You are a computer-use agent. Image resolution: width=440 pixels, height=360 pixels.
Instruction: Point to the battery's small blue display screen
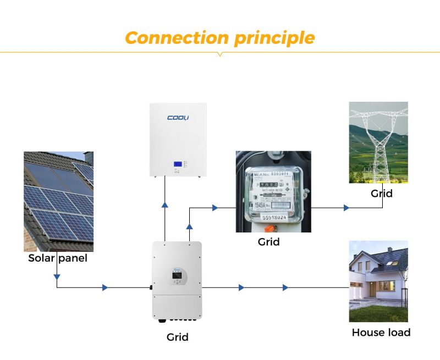pyautogui.click(x=178, y=164)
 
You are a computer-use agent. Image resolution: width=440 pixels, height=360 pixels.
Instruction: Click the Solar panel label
pyautogui.click(x=58, y=258)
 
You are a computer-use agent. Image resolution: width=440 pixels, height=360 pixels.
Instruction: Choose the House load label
pyautogui.click(x=381, y=332)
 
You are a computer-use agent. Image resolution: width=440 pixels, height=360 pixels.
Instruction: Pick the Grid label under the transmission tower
pyautogui.click(x=381, y=193)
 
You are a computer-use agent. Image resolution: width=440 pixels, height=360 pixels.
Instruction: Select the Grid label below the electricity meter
pyautogui.click(x=268, y=241)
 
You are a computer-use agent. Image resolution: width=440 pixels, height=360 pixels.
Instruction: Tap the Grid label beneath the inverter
pyautogui.click(x=177, y=336)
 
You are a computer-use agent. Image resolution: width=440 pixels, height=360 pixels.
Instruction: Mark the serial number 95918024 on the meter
pyautogui.click(x=274, y=218)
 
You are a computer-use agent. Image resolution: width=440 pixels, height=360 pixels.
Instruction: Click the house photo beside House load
pyautogui.click(x=378, y=281)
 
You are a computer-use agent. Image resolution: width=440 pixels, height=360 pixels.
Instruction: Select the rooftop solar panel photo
pyautogui.click(x=58, y=201)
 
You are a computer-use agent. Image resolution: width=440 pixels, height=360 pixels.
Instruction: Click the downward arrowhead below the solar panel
pyautogui.click(x=57, y=276)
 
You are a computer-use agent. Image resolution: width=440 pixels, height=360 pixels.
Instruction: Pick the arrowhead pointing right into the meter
pyautogui.click(x=215, y=208)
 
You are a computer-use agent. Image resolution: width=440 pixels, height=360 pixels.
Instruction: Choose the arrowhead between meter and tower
pyautogui.click(x=346, y=208)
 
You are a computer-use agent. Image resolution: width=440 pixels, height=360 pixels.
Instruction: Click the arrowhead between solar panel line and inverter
pyautogui.click(x=105, y=287)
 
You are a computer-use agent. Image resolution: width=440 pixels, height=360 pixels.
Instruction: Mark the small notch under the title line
pyautogui.click(x=220, y=54)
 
